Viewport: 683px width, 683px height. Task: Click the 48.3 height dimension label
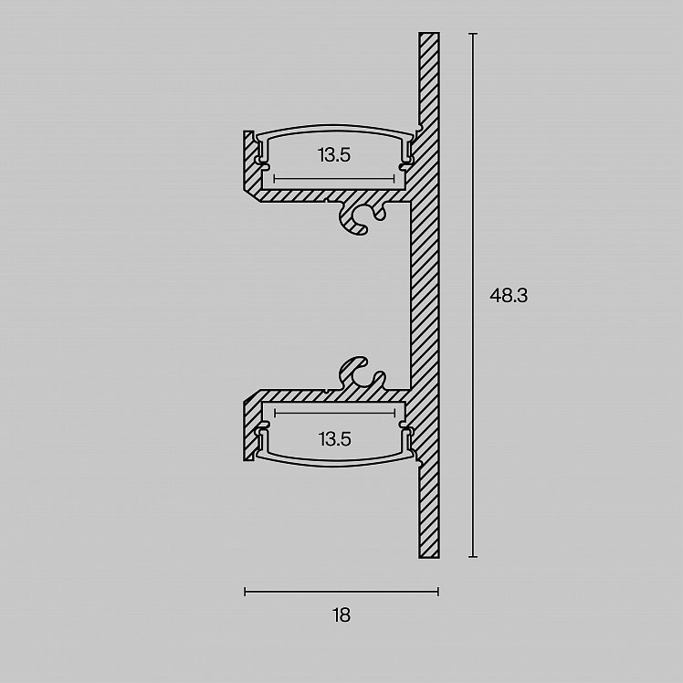point(509,296)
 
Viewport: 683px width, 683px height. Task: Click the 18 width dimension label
point(341,615)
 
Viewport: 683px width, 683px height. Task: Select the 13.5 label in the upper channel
point(334,155)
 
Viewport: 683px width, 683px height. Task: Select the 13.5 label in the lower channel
point(334,439)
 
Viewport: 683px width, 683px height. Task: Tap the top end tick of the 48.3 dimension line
point(473,33)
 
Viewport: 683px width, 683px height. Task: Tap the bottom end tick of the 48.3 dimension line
point(473,557)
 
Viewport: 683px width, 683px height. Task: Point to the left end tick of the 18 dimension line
point(246,592)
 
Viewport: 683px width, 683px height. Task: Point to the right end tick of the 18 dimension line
point(438,592)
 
